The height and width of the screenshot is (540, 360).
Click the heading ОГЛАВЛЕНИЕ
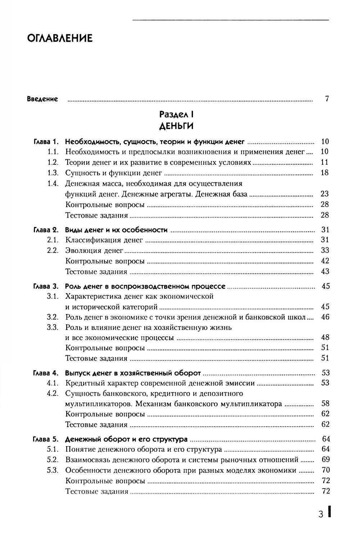pos(60,38)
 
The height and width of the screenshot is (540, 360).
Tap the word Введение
pos(42,99)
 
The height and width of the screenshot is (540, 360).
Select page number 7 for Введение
pos(327,99)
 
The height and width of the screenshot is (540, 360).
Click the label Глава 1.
pos(46,141)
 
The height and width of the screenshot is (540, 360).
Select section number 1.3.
pos(53,173)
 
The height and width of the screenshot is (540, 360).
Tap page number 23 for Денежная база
pos(325,194)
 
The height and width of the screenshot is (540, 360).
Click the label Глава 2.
pos(46,230)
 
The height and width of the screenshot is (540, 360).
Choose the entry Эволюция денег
pos(94,250)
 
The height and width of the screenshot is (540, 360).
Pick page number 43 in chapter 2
pos(325,272)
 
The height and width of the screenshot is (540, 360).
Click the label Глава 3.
pos(46,287)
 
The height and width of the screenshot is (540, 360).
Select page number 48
pos(325,338)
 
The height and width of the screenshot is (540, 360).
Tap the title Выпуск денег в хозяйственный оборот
pos(133,373)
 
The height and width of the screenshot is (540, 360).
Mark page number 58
pos(325,404)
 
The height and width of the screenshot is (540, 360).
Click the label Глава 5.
pos(45,439)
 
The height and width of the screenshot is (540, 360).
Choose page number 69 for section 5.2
pos(325,460)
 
